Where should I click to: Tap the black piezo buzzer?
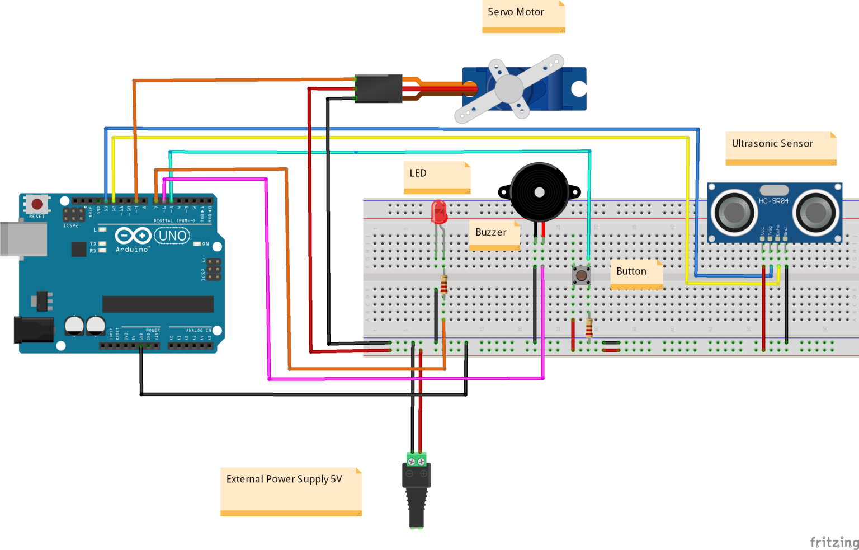(x=539, y=192)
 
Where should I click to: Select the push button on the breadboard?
(x=581, y=275)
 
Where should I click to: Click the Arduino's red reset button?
(x=37, y=204)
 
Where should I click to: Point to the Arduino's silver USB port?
(x=22, y=238)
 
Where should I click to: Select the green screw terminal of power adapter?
(x=416, y=460)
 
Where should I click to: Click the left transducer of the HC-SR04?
(x=733, y=212)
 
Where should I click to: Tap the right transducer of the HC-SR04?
(x=816, y=212)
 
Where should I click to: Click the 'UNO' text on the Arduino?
(x=172, y=236)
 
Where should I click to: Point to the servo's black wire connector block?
(x=379, y=88)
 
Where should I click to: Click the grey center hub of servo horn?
(x=509, y=88)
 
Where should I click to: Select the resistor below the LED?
(x=444, y=285)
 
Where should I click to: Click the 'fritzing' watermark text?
(x=834, y=542)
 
